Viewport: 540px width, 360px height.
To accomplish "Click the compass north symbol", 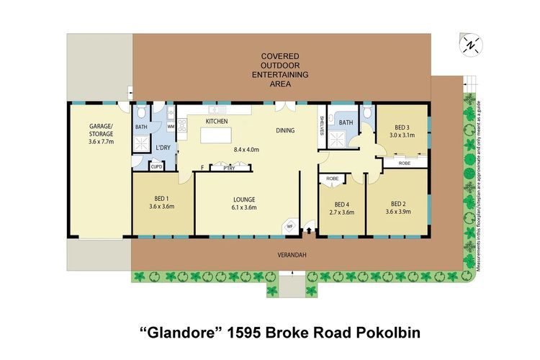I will coord(470,45).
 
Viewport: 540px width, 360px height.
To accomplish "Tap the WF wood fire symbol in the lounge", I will coord(290,225).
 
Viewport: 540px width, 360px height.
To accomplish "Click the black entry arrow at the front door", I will coord(309,230).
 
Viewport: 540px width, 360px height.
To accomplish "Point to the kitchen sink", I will coord(215,111).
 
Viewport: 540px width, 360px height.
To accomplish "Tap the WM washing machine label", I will coord(171,127).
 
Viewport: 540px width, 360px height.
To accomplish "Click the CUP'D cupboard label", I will coord(156,166).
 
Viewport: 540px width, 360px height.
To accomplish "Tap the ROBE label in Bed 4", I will coord(332,178).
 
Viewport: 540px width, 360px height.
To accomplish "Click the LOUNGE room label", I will coord(243,199).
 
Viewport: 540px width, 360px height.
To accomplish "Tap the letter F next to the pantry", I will coord(202,167).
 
